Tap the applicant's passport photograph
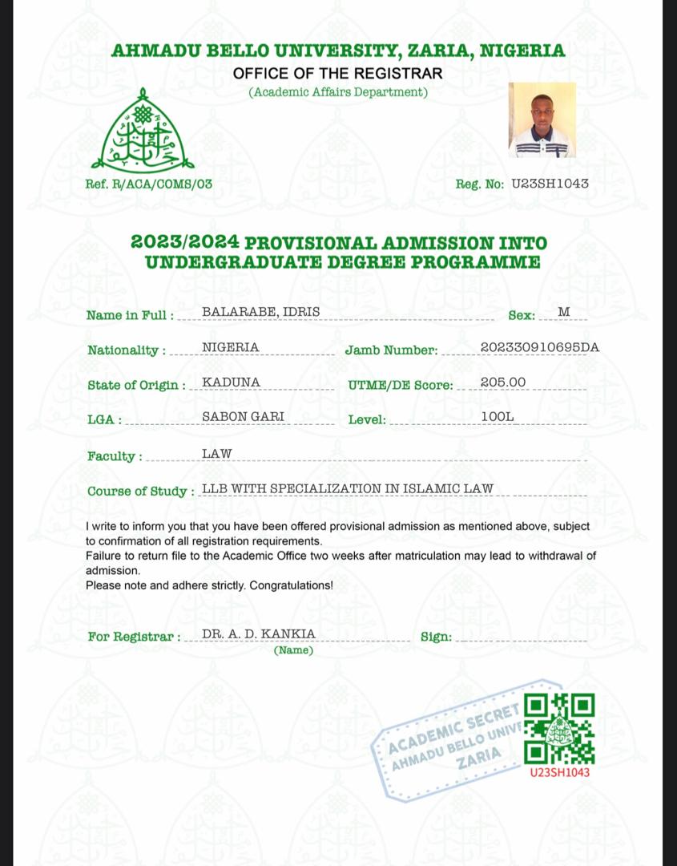tap(542, 119)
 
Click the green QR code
tap(559, 729)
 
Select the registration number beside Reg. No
tap(550, 184)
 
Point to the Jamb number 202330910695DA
tap(539, 347)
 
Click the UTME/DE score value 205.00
tap(503, 382)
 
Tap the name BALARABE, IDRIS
tap(250, 311)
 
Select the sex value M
tap(563, 312)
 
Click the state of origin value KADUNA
tap(231, 382)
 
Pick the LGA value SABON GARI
tap(243, 417)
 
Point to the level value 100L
tap(497, 417)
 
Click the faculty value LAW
tap(216, 454)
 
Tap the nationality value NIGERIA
tap(230, 347)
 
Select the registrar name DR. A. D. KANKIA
tap(258, 634)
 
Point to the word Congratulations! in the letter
tap(291, 585)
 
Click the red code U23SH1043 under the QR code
tap(559, 773)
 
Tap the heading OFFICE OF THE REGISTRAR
tap(337, 74)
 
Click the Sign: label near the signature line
tap(436, 637)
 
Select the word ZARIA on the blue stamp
tap(479, 756)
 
